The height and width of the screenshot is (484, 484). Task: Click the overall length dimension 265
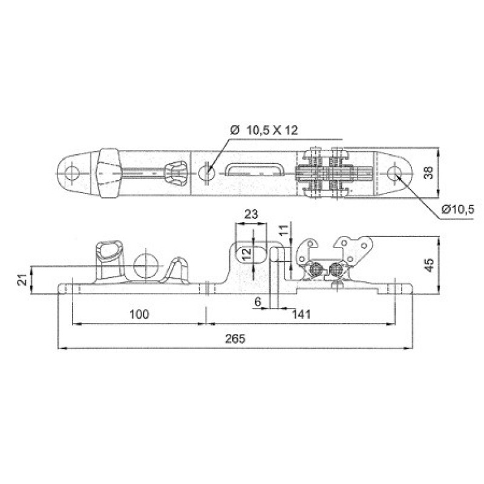[235, 339]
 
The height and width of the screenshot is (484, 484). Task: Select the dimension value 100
[139, 314]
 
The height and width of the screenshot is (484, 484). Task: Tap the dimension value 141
[301, 314]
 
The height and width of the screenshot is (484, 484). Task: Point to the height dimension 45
[430, 265]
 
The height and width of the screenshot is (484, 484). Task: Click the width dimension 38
[428, 173]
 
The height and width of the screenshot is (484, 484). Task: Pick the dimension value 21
[22, 280]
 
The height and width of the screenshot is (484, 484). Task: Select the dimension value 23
[250, 214]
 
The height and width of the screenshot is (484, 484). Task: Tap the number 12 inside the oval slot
[246, 255]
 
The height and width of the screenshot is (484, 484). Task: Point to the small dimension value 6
[258, 301]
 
